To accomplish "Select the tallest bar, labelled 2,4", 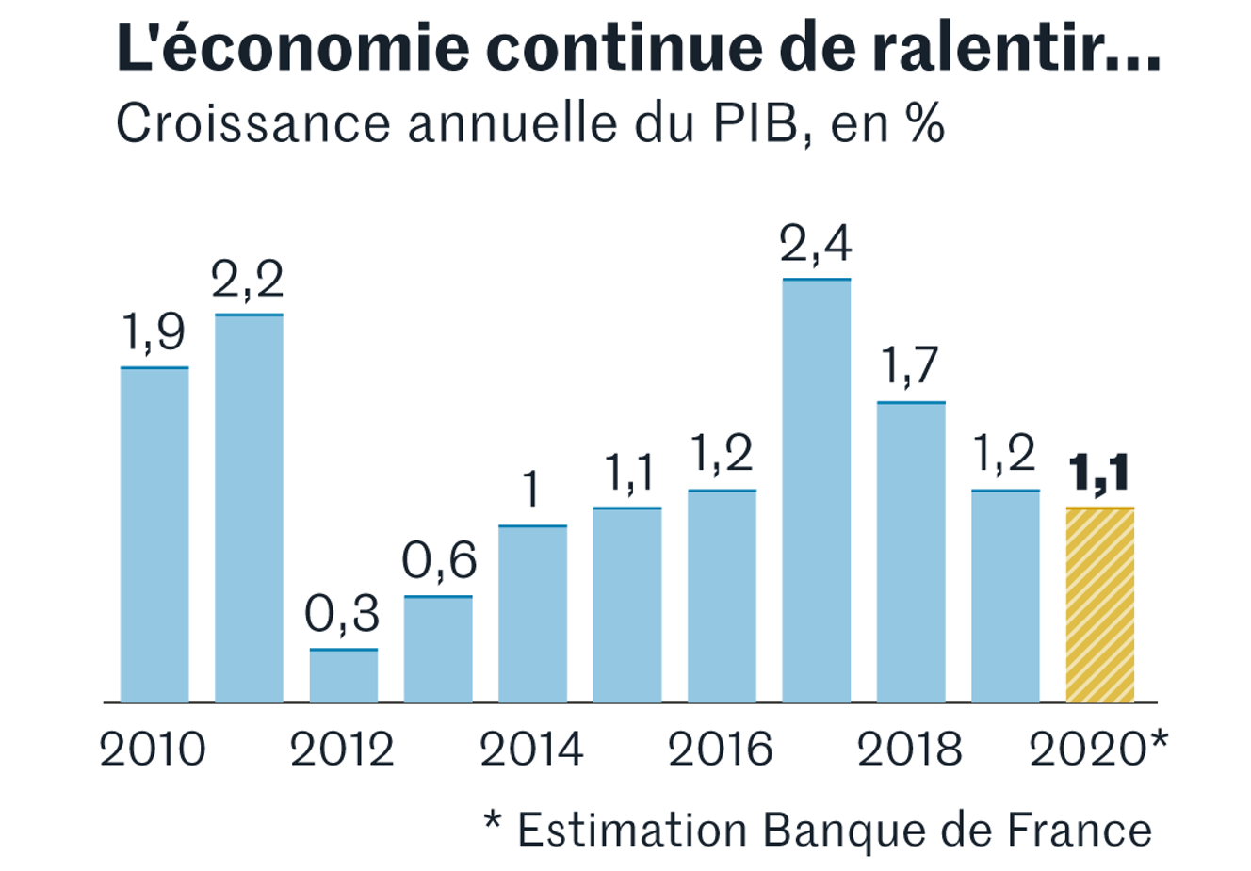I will (816, 490).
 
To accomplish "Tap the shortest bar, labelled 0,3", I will (343, 675).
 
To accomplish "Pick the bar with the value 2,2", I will (249, 508).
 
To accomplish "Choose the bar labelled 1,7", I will (911, 551).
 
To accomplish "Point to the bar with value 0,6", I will (438, 649).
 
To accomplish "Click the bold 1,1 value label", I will (1099, 475).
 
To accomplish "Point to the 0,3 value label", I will (342, 615).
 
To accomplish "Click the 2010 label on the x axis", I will (153, 750).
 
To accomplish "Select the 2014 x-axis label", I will (531, 750).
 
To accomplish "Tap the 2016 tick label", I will (721, 750).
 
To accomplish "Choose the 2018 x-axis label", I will (910, 750).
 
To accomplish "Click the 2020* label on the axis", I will (1098, 750).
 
